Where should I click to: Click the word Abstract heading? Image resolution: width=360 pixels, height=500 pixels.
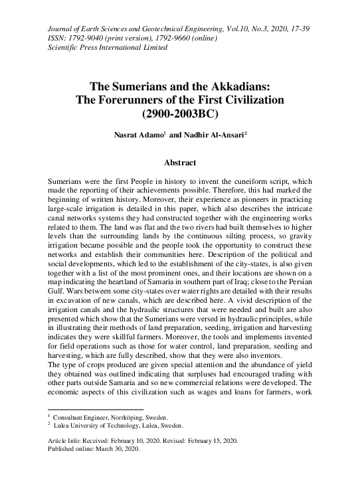coord(179,161)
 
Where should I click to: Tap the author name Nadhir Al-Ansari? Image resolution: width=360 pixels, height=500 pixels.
coord(208,135)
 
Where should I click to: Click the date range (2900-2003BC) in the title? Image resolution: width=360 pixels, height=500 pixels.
coord(179,113)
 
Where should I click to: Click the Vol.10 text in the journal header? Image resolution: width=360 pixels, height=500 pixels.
coord(234,29)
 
